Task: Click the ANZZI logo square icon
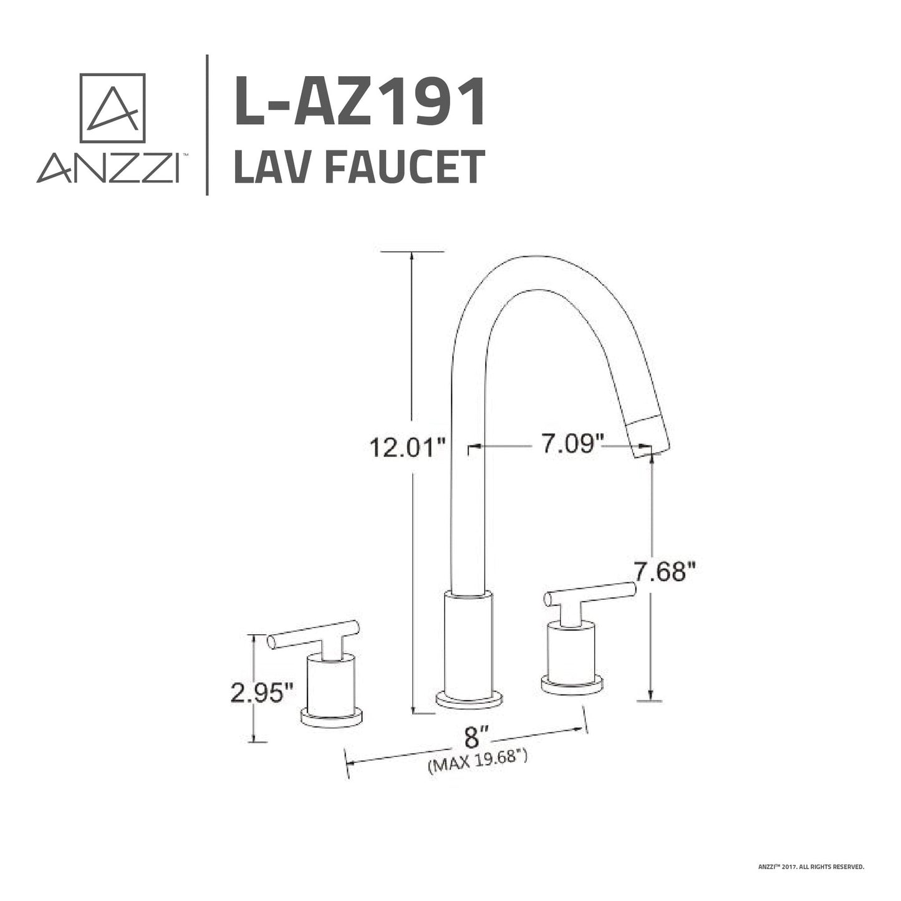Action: coord(112,108)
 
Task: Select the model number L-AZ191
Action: coord(360,102)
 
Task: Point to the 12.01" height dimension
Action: coord(408,447)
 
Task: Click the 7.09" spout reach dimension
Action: coord(572,445)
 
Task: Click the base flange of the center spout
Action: coord(469,700)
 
